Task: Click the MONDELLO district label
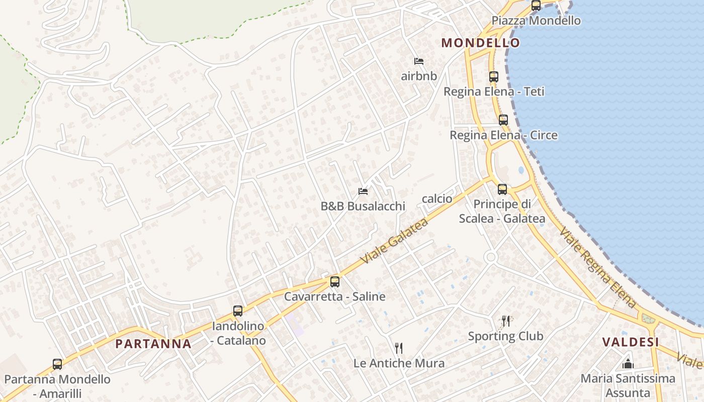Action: (x=480, y=43)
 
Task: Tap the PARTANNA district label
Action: (x=153, y=344)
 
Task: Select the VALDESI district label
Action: (x=631, y=342)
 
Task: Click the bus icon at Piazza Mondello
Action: (x=536, y=6)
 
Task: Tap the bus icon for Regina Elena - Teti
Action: (x=493, y=77)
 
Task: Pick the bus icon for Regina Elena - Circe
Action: (x=503, y=120)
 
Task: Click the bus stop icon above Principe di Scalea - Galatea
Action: (x=502, y=189)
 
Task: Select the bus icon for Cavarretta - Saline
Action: (x=335, y=282)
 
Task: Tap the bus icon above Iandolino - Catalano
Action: (x=238, y=311)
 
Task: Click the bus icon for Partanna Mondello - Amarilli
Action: (x=57, y=364)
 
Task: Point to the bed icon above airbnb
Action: (x=419, y=61)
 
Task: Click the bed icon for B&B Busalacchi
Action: (x=363, y=191)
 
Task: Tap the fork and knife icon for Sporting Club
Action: (x=506, y=321)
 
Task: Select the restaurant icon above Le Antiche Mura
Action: (x=399, y=348)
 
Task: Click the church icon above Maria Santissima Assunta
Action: (x=628, y=364)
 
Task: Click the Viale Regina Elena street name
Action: (x=598, y=268)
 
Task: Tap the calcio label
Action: (x=437, y=199)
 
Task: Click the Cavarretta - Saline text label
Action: (x=335, y=296)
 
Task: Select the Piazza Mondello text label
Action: (x=536, y=21)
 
